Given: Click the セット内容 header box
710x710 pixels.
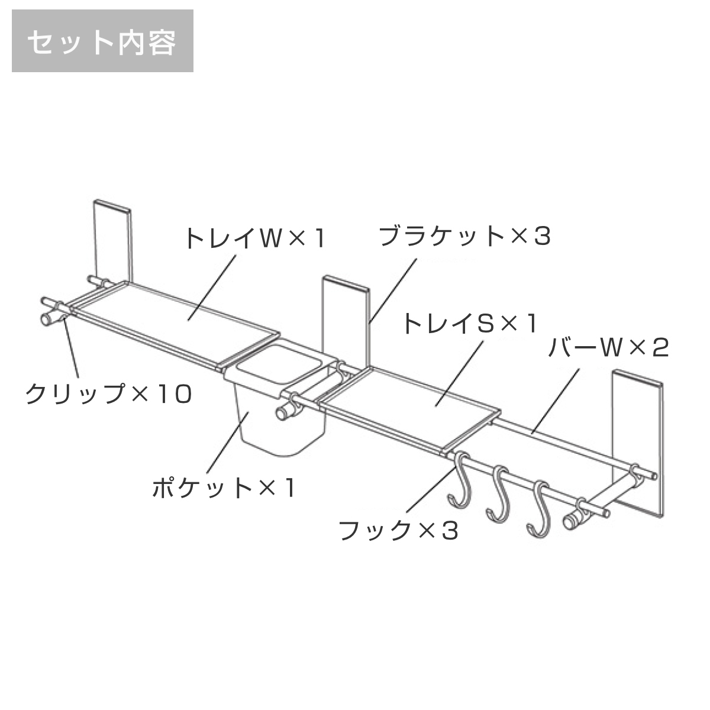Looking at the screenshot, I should (x=102, y=41).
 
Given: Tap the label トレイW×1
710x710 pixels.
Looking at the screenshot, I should (x=255, y=238).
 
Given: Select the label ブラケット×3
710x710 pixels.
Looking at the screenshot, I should (x=464, y=236).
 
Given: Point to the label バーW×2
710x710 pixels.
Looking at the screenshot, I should (x=608, y=348).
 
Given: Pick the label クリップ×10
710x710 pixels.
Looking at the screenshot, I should (x=108, y=394).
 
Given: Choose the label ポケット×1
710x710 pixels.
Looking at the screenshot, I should (x=223, y=488).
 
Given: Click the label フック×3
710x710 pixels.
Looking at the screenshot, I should (x=398, y=531).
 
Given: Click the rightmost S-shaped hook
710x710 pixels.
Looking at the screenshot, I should (x=540, y=511).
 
